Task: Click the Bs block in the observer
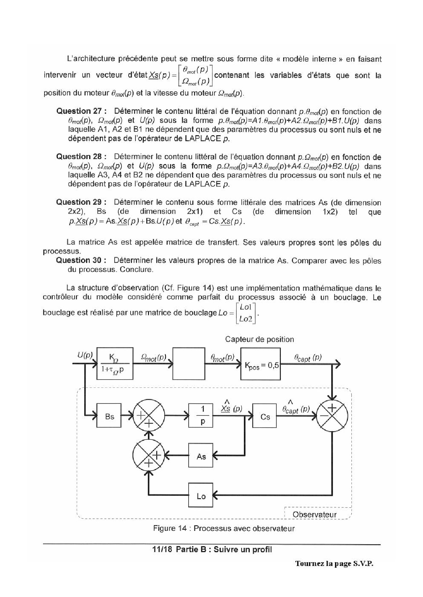tap(109, 415)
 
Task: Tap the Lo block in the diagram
tap(201, 495)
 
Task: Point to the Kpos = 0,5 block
tap(261, 364)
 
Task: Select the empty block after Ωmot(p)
tap(188, 364)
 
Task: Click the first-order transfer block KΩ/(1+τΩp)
tap(115, 364)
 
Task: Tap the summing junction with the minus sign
tap(332, 415)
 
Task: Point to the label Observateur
tap(315, 514)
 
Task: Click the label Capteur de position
tap(259, 339)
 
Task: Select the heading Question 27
tap(82, 111)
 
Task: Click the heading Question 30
tap(82, 260)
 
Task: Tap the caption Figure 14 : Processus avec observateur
tap(224, 528)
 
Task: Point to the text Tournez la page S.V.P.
tap(334, 563)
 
